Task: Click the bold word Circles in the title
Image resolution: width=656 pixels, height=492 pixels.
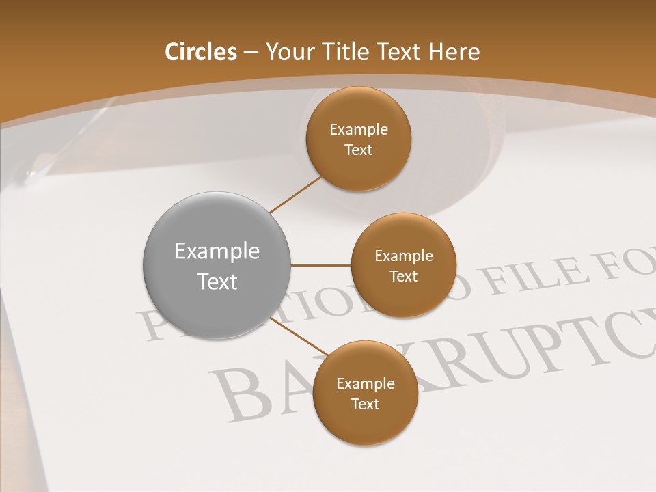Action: click(x=200, y=52)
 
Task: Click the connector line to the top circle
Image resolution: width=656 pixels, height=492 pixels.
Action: click(x=295, y=195)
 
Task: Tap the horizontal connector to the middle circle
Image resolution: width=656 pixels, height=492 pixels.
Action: click(x=320, y=265)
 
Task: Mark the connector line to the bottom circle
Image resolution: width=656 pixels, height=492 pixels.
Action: click(x=298, y=336)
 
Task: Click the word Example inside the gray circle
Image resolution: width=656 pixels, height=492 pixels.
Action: click(x=217, y=251)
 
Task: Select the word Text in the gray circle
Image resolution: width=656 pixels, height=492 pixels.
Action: click(x=217, y=282)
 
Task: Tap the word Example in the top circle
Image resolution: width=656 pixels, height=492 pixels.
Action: click(x=358, y=130)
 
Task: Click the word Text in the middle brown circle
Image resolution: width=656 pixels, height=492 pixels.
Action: click(x=403, y=277)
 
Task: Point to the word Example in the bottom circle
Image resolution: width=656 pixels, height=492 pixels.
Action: click(x=365, y=384)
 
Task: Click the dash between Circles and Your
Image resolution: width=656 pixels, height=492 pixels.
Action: click(x=250, y=53)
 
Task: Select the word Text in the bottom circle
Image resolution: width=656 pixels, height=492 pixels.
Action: click(x=365, y=405)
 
